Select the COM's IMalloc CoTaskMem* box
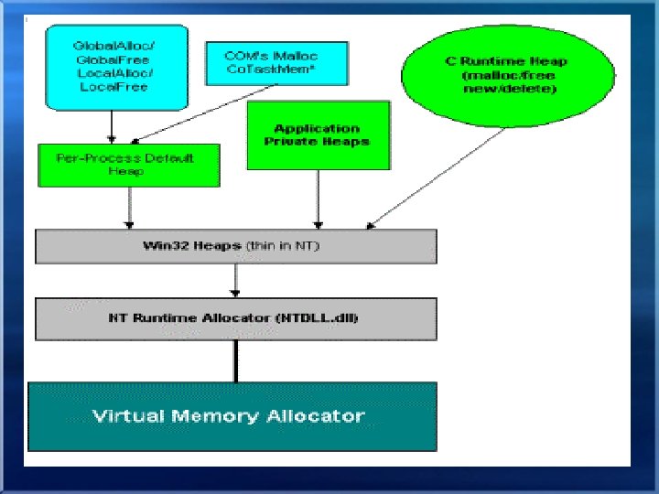point(264,63)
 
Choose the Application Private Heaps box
point(318,134)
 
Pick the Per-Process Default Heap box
point(129,165)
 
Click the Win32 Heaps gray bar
point(235,246)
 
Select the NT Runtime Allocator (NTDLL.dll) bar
point(235,319)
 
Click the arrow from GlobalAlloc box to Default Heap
point(112,124)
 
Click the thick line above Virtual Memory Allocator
point(236,360)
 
